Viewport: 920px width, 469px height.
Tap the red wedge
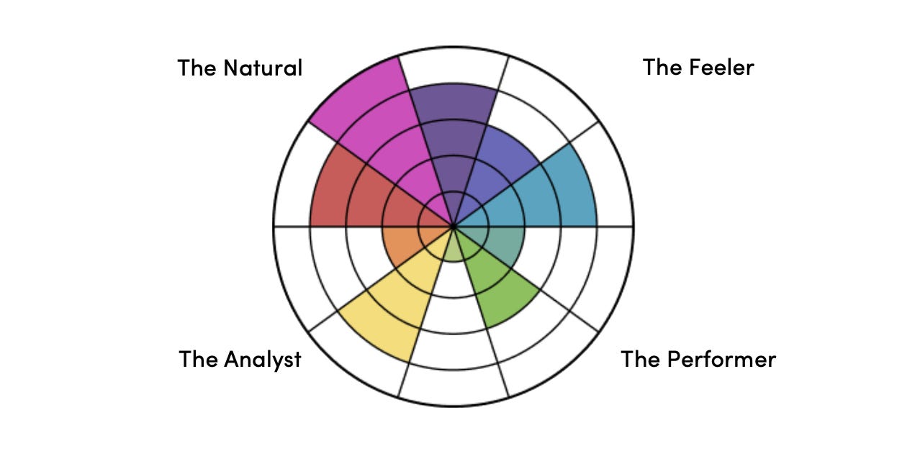(x=353, y=194)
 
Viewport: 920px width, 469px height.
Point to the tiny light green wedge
(x=454, y=248)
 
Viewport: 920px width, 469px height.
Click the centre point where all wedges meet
(x=454, y=227)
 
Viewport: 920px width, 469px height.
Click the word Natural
(x=263, y=68)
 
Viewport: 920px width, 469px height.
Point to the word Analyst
(x=262, y=359)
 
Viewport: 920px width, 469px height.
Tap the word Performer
(x=722, y=359)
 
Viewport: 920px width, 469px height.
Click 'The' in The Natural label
(x=197, y=68)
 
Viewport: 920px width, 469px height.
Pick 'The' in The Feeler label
(x=661, y=68)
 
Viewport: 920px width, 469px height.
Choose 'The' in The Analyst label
(x=198, y=359)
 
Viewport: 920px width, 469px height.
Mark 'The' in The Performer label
(x=639, y=359)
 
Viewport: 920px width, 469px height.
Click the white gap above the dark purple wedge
(x=454, y=68)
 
